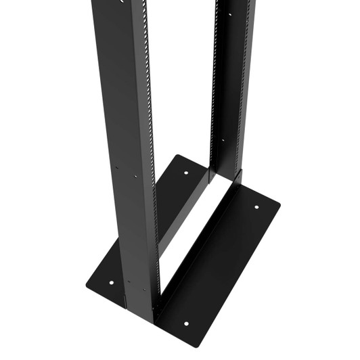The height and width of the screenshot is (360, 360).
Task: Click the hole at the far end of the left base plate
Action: [x=187, y=173]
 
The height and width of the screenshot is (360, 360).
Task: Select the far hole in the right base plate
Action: [x=257, y=208]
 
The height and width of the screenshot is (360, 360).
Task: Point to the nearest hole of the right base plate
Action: [x=186, y=323]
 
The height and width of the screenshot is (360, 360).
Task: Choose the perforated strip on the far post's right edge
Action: [x=247, y=81]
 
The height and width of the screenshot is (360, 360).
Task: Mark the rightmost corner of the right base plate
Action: [x=277, y=202]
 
